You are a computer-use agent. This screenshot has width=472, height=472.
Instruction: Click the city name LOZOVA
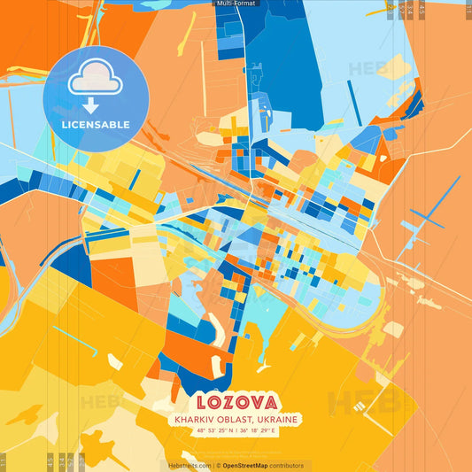tap(236, 399)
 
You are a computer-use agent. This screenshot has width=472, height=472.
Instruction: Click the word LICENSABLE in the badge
tap(96, 124)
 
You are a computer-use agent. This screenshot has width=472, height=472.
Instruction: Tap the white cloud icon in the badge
tap(96, 78)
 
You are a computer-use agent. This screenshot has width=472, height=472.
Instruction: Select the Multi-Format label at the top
tap(236, 4)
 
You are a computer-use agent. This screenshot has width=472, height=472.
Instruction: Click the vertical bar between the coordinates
tap(236, 432)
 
